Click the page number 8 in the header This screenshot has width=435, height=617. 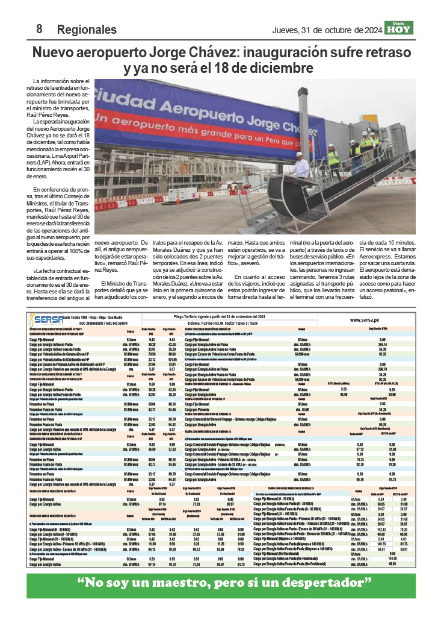(x=39, y=29)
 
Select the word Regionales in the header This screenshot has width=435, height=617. (x=87, y=30)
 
